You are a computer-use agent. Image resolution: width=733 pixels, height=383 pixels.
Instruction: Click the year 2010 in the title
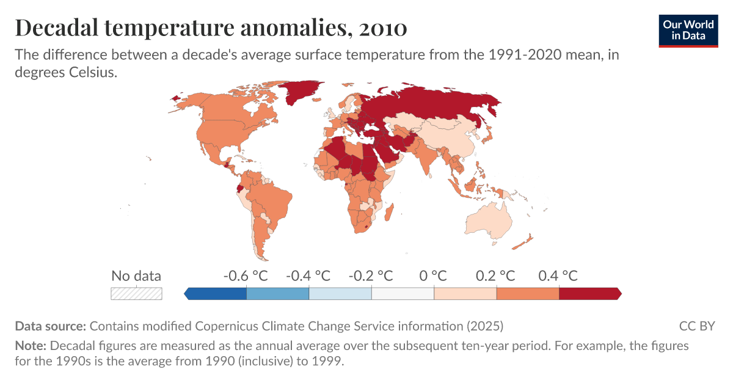click(x=383, y=27)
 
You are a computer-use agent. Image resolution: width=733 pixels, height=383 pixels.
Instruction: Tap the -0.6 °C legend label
click(x=246, y=275)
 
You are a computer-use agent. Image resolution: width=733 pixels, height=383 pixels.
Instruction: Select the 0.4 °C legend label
click(x=558, y=275)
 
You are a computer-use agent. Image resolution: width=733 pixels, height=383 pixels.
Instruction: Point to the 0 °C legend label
click(x=433, y=275)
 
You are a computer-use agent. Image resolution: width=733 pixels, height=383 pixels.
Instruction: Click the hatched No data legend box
click(x=136, y=294)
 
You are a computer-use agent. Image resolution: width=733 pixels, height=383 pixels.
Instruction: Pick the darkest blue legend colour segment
click(x=217, y=294)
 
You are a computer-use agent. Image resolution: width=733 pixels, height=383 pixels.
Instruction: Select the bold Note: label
click(x=31, y=346)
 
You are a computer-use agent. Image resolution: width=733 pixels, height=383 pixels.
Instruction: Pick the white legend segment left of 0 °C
click(x=403, y=294)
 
